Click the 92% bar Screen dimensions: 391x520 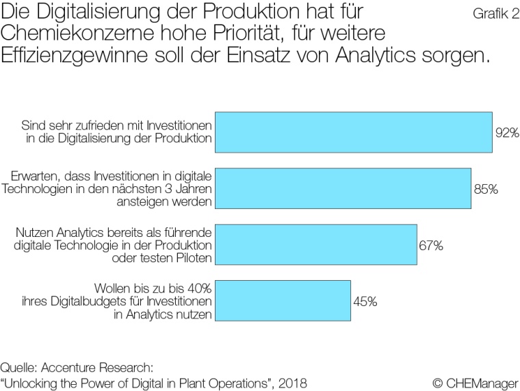coord(354,132)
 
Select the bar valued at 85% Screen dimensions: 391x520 coord(343,188)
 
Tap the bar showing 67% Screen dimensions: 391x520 coord(316,244)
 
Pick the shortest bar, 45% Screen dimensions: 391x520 coord(283,301)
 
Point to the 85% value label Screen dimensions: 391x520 coord(486,189)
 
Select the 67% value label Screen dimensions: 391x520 coord(432,245)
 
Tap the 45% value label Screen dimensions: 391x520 coord(365,301)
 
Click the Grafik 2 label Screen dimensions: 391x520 coord(496,14)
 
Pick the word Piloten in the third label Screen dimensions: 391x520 coord(192,257)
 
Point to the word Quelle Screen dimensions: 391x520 coord(18,366)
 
